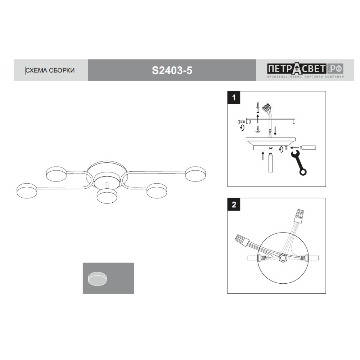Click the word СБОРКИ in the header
click(x=62, y=70)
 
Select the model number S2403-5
click(x=172, y=70)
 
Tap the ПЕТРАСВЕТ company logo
click(x=305, y=70)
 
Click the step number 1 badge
click(x=234, y=98)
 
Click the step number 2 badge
click(x=234, y=204)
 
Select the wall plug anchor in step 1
click(x=258, y=107)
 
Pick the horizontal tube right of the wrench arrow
click(x=308, y=148)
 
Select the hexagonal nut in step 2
click(x=282, y=258)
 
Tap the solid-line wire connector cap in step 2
click(x=242, y=240)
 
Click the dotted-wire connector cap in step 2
click(x=300, y=216)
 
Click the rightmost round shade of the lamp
click(x=195, y=174)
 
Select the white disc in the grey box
click(x=97, y=279)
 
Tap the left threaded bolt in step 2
click(x=262, y=258)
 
